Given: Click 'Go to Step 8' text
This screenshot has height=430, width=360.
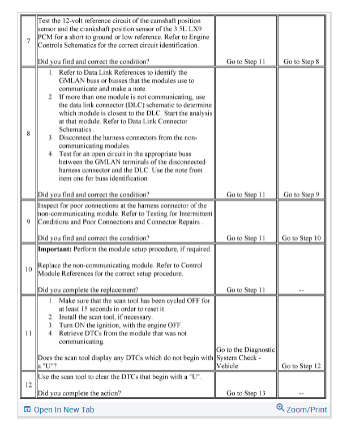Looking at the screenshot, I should coord(302,61).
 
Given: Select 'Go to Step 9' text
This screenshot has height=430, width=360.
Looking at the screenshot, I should coord(302,194).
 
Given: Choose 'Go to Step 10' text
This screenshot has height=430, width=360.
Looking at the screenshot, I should coord(302,238).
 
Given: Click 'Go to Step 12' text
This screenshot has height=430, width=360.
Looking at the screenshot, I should coord(302,366).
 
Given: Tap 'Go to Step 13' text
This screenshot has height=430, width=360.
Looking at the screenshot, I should coord(246,393).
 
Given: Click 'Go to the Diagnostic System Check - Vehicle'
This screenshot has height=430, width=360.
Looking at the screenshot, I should coord(245,357).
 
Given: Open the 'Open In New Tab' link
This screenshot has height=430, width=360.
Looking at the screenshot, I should coord(64,410).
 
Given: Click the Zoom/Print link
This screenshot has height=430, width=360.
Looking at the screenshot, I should coord(306,410).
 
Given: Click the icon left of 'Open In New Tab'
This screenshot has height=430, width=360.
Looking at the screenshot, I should coord(27,410).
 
